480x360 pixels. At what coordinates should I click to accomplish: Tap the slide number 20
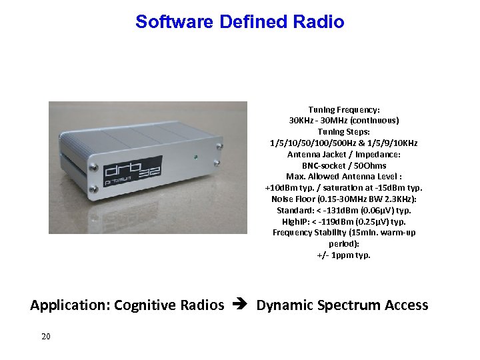(x=45, y=337)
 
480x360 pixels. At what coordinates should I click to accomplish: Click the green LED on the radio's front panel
(x=195, y=158)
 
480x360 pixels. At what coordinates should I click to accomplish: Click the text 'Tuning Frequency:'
(x=343, y=109)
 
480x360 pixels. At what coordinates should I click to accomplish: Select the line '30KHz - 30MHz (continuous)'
(x=343, y=121)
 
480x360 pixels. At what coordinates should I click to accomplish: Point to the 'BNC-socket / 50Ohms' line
(x=343, y=165)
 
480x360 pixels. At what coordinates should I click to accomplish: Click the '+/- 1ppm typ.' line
(x=343, y=255)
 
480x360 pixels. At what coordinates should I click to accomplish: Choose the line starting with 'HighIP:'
(x=343, y=221)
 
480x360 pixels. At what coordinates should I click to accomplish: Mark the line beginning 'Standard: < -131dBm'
(x=343, y=210)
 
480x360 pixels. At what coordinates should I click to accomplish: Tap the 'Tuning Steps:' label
(x=343, y=132)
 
